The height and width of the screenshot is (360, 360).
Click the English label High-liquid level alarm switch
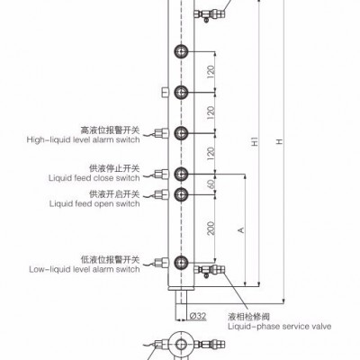coord(83,139)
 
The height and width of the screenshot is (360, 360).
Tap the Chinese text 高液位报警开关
coord(111,130)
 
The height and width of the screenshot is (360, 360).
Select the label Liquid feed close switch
coord(94,178)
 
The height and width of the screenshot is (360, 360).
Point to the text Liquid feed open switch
coord(94,203)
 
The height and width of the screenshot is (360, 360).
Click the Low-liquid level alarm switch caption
coord(85,269)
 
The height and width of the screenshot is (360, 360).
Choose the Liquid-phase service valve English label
coord(280,327)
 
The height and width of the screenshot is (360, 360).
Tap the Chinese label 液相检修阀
coord(248,317)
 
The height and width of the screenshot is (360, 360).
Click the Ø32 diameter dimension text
coord(198,316)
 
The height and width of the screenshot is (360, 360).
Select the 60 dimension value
coord(211,184)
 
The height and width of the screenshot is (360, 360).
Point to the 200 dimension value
coord(211,228)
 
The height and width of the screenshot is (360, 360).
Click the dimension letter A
coord(241,230)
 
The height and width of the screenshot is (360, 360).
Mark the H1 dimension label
coord(255,141)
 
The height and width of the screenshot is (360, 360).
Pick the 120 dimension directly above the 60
coord(211,153)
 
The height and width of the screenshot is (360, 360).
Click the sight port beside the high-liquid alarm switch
coord(181,133)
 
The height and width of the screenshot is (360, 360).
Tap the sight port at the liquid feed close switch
coord(181,174)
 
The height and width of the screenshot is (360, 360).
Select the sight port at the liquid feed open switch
coord(181,194)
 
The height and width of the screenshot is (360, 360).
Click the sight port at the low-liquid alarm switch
coord(181,262)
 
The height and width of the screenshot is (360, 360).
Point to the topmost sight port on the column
coord(181,51)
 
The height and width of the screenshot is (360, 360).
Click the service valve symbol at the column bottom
coord(210,270)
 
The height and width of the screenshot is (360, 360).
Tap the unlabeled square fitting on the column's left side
coord(165,92)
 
